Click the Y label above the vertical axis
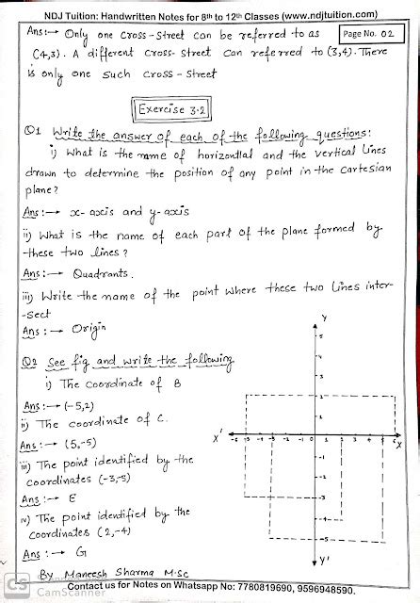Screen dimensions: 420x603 (x=323, y=318)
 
